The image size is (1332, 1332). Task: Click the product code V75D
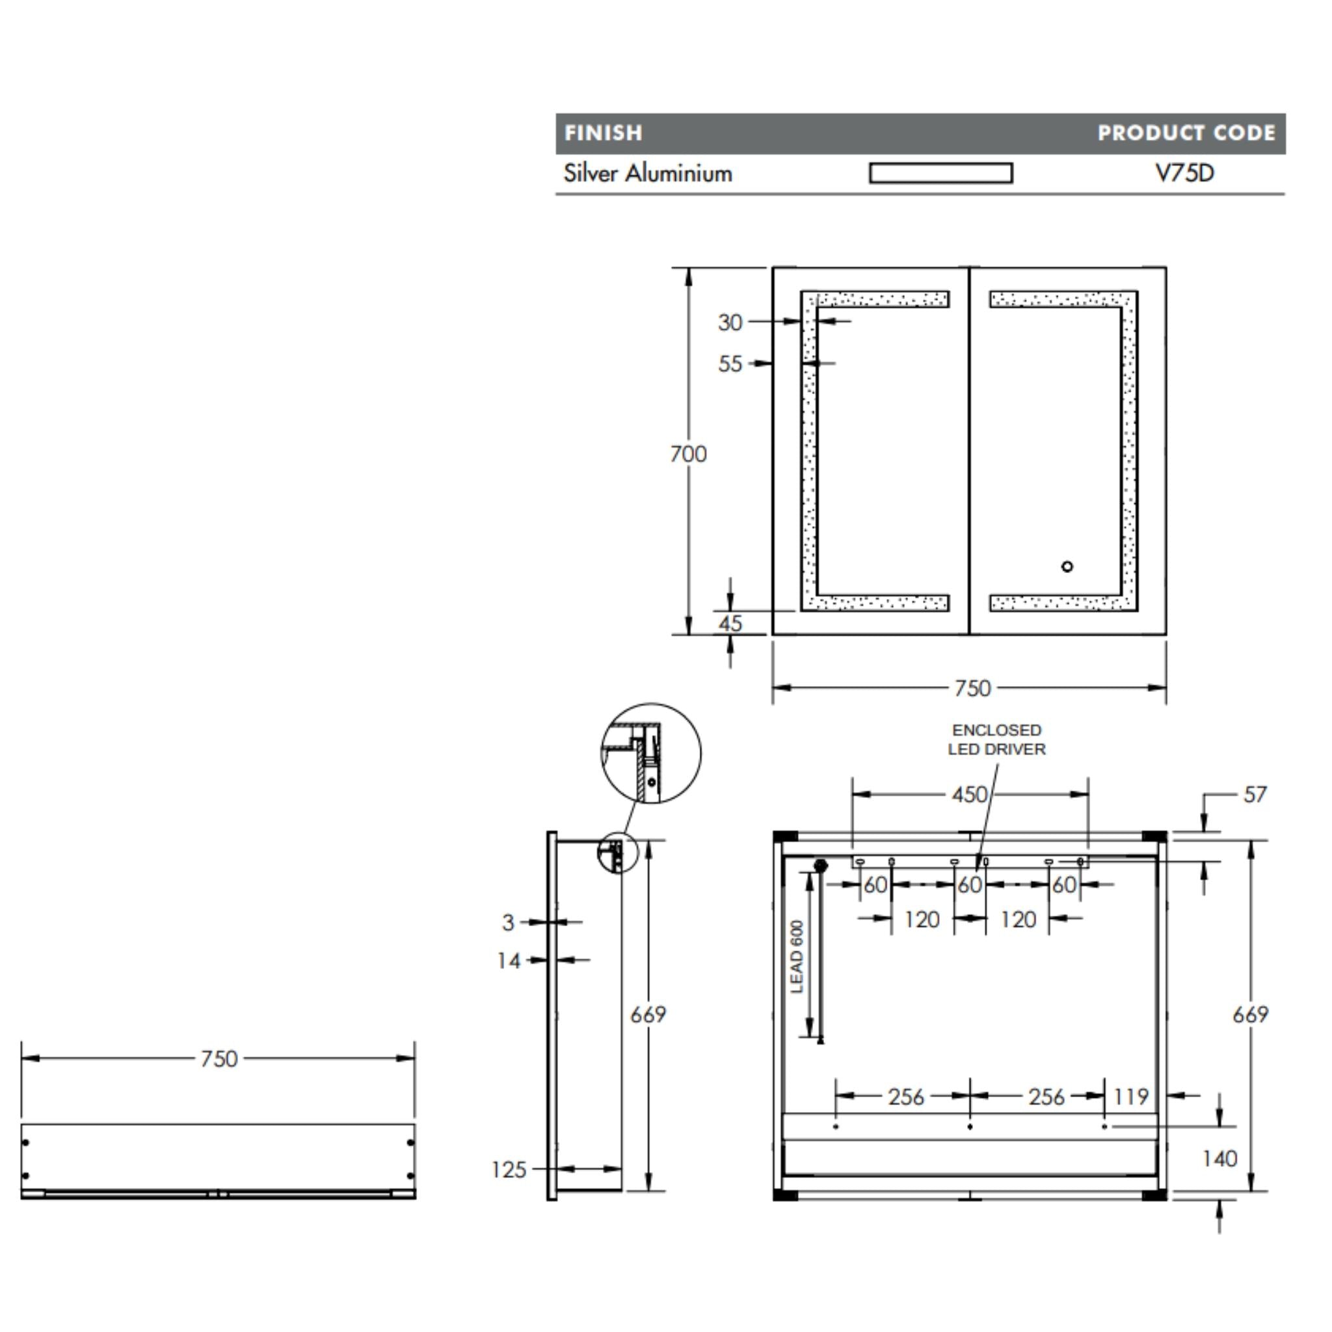pyautogui.click(x=1184, y=173)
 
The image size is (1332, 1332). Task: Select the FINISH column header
pyautogui.click(x=604, y=133)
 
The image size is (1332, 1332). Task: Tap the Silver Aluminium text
pyautogui.click(x=647, y=173)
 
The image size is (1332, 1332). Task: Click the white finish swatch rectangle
pyautogui.click(x=940, y=173)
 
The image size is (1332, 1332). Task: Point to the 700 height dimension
pyautogui.click(x=688, y=454)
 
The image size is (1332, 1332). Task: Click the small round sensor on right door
pyautogui.click(x=1067, y=566)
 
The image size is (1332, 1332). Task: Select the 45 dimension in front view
pyautogui.click(x=730, y=623)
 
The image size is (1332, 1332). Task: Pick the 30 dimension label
pyautogui.click(x=730, y=322)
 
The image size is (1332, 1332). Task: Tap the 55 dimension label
pyautogui.click(x=730, y=364)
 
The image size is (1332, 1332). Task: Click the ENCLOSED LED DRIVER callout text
pyautogui.click(x=996, y=739)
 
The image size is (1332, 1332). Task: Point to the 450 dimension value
pyautogui.click(x=969, y=794)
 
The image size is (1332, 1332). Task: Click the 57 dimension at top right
pyautogui.click(x=1255, y=794)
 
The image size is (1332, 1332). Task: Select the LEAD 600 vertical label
pyautogui.click(x=797, y=956)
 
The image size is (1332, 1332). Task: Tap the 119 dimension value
pyautogui.click(x=1130, y=1096)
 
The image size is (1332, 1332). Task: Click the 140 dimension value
pyautogui.click(x=1219, y=1158)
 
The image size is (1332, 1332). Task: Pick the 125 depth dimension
pyautogui.click(x=509, y=1169)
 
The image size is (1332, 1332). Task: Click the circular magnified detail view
pyautogui.click(x=651, y=753)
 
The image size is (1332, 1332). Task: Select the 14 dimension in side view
pyautogui.click(x=509, y=961)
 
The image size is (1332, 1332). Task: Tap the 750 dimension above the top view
pyautogui.click(x=219, y=1058)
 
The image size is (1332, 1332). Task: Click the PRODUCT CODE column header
pyautogui.click(x=1186, y=133)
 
